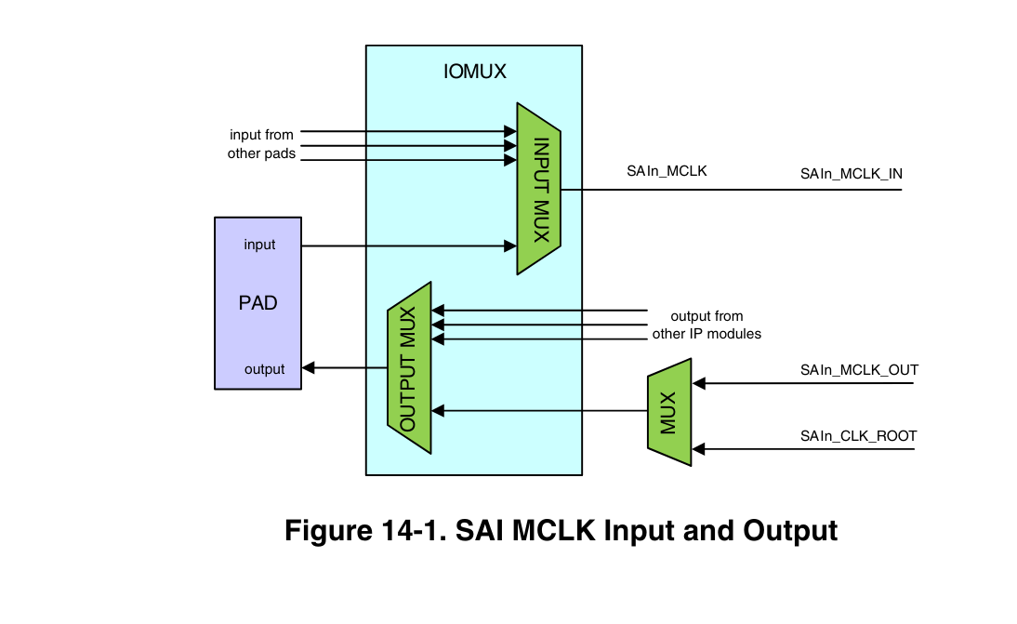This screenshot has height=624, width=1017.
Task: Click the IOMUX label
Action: point(474,70)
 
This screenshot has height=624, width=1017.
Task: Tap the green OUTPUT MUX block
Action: point(409,368)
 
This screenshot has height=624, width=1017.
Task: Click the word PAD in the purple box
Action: point(258,303)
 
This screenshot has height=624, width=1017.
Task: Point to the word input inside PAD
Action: point(259,245)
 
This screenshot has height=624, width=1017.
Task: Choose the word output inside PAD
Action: point(264,369)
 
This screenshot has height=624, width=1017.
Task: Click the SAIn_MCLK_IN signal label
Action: point(851,174)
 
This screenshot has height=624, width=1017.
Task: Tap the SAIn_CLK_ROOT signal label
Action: point(858,435)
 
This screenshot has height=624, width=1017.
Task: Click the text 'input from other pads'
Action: point(261,144)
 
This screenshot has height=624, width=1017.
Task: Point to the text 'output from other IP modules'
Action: point(707,325)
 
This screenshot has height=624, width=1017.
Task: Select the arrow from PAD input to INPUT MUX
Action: point(409,246)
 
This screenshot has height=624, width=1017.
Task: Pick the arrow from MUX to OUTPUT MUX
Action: point(539,410)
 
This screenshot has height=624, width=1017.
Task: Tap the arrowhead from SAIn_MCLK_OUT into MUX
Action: point(699,382)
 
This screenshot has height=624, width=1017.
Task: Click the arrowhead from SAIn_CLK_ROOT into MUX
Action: point(699,450)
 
